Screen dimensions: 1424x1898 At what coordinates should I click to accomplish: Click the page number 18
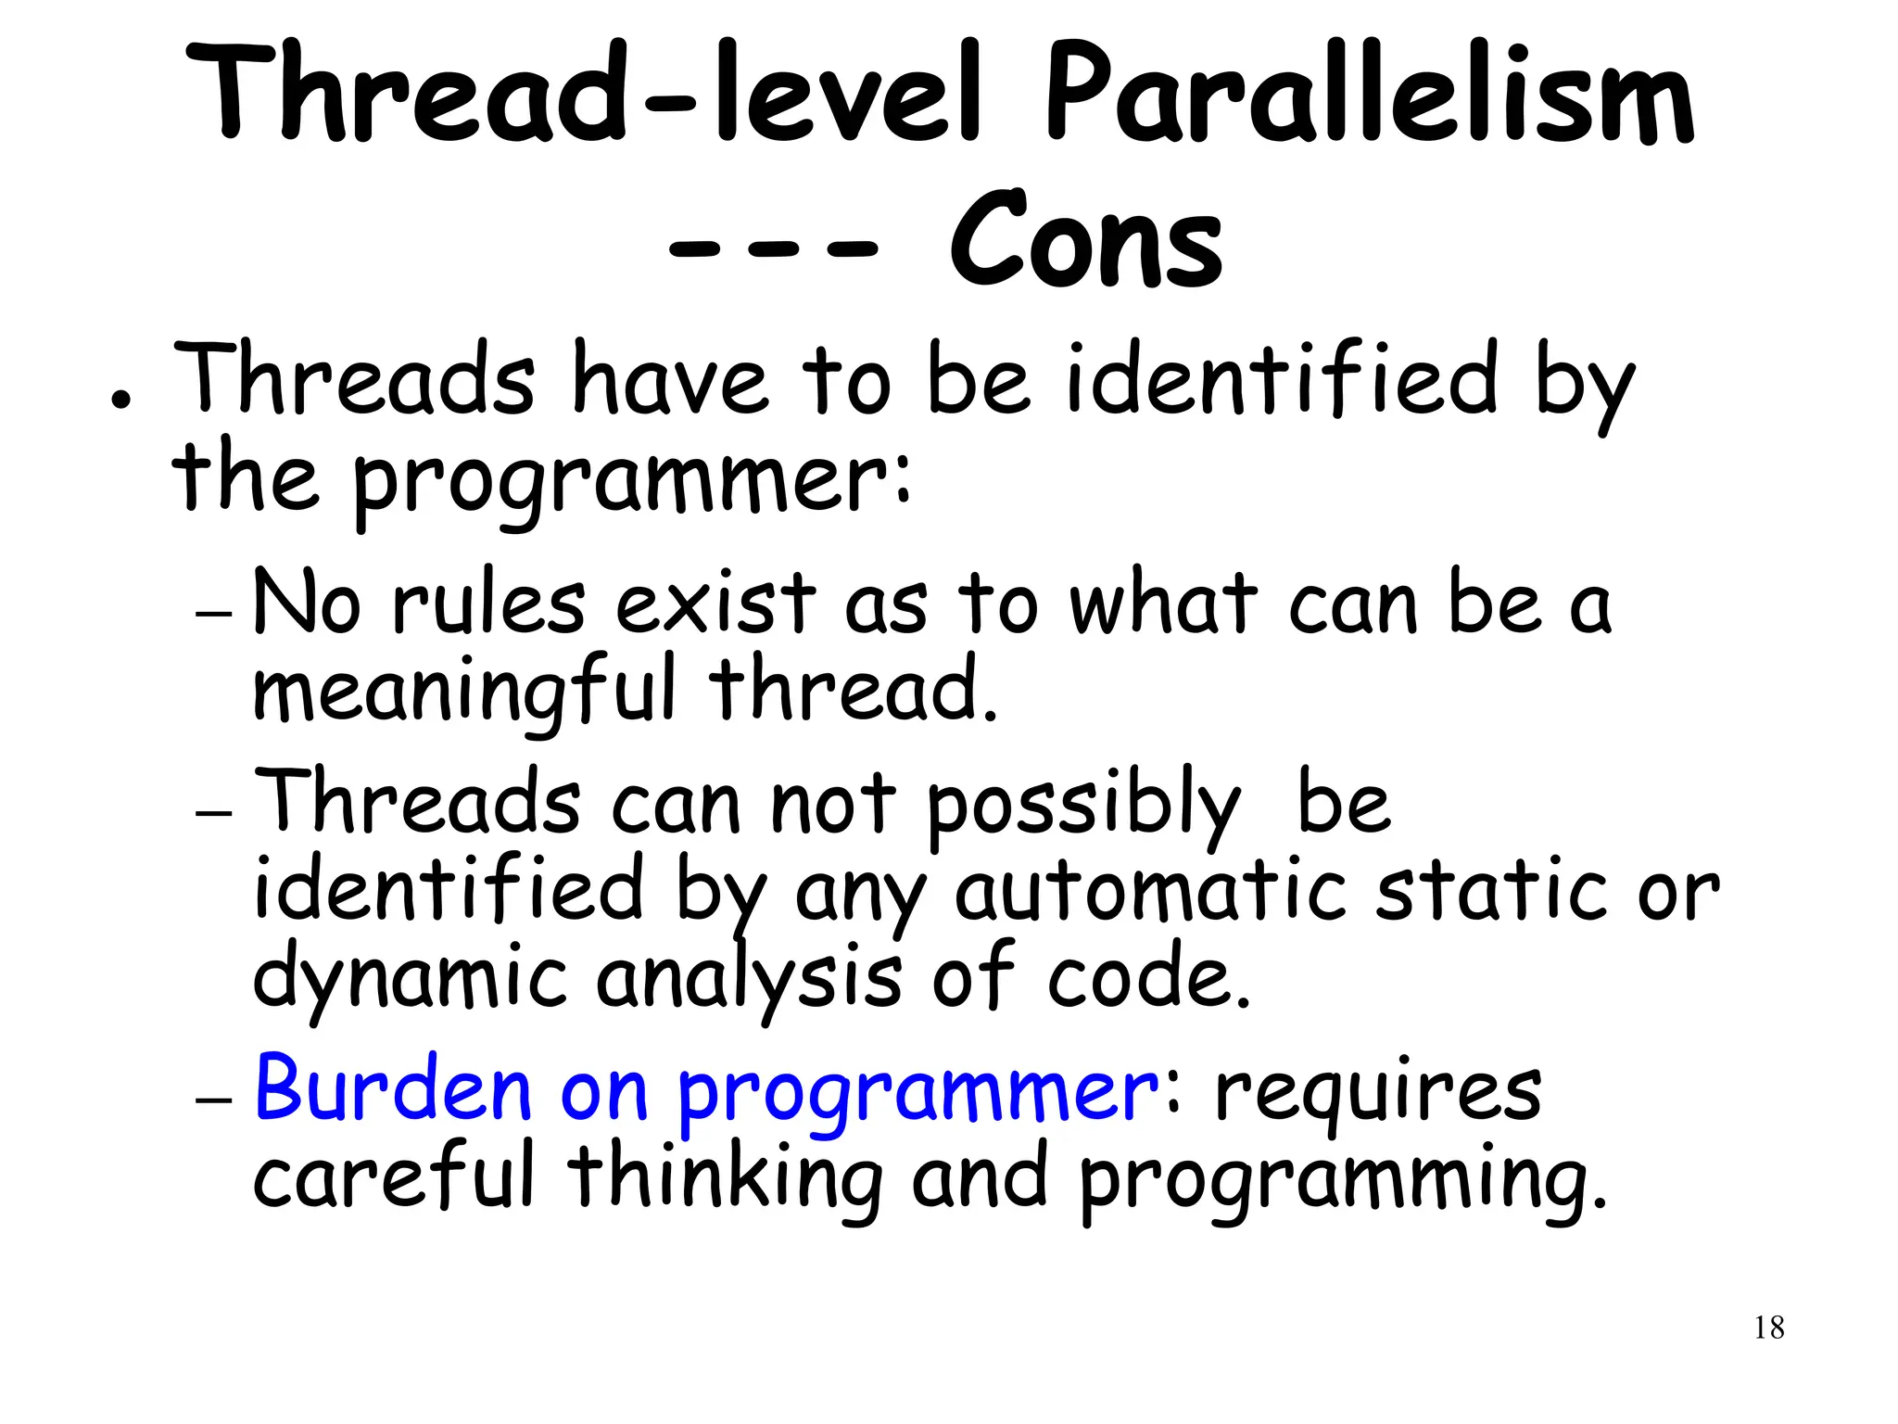[1768, 1328]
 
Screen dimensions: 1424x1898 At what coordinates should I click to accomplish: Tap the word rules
[488, 604]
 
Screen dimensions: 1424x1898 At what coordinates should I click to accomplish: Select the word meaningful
[463, 692]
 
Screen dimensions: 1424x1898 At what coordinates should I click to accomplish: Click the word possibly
[1082, 807]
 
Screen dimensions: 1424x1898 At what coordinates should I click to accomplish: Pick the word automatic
[1149, 892]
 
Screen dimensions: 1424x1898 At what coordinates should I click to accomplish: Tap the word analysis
[749, 981]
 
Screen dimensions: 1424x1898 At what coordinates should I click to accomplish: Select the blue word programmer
[917, 1094]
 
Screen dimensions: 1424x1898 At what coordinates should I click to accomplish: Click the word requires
[1377, 1094]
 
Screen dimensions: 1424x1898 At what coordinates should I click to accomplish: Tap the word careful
[394, 1177]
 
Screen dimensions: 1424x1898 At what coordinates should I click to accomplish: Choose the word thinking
[725, 1179]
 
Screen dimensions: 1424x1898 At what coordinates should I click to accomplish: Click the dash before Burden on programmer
[213, 1100]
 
